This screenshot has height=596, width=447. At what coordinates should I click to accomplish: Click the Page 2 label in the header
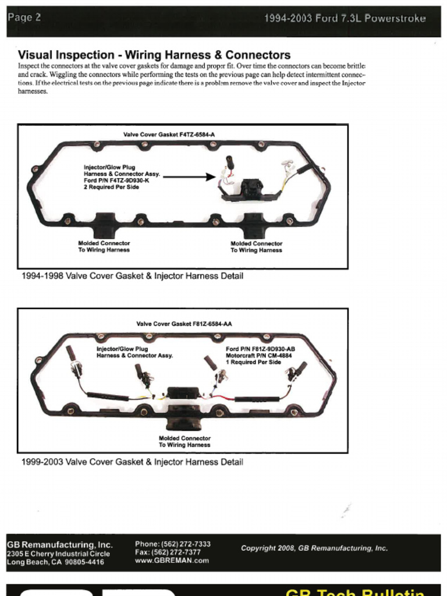click(x=24, y=17)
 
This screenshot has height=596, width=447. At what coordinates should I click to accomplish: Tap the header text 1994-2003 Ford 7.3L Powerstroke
click(x=345, y=18)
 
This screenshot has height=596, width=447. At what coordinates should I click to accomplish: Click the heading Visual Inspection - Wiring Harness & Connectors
click(x=154, y=55)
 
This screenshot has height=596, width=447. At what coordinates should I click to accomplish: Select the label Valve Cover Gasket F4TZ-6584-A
click(x=169, y=134)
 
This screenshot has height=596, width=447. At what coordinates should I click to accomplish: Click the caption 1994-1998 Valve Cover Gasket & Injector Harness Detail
click(x=132, y=276)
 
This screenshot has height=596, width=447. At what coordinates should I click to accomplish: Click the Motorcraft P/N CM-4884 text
click(x=259, y=355)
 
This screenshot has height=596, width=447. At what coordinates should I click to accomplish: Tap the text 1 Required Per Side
click(x=253, y=362)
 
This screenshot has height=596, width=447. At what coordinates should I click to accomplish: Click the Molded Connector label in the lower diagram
click(x=185, y=438)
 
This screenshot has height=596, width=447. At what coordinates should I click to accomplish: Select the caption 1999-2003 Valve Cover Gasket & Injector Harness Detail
click(x=132, y=462)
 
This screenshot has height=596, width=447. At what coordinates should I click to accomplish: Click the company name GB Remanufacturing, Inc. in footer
click(x=59, y=545)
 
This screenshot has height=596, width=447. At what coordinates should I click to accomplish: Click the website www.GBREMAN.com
click(x=172, y=560)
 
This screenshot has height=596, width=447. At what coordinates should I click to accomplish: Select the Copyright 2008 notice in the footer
click(x=314, y=548)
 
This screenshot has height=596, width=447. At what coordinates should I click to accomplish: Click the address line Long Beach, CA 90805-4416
click(x=55, y=562)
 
